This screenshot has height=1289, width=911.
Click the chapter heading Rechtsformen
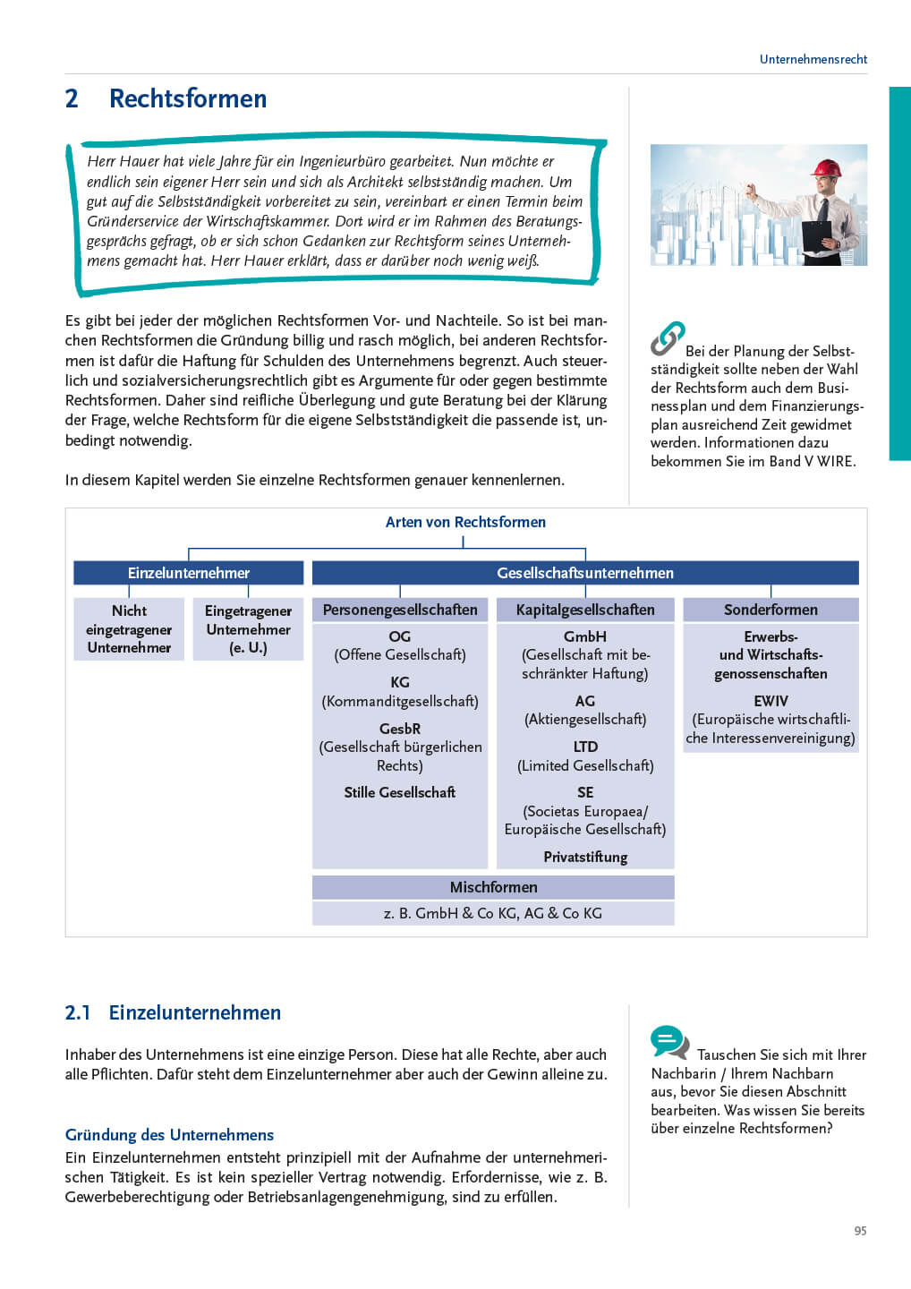[x=187, y=98]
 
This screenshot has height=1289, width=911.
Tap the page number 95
[x=860, y=1231]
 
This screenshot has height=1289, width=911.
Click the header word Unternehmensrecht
[x=813, y=59]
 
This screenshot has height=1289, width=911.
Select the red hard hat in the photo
[x=826, y=167]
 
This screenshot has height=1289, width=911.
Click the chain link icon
[x=668, y=337]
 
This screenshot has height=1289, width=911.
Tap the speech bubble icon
[x=669, y=1042]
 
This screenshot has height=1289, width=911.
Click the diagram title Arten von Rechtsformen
[x=465, y=522]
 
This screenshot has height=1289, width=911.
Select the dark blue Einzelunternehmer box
[x=188, y=573]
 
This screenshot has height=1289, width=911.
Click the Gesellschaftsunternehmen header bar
[x=585, y=573]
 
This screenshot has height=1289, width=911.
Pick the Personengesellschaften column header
[x=400, y=610]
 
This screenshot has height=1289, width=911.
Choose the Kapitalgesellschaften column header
[x=585, y=610]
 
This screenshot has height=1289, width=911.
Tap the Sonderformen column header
[x=771, y=610]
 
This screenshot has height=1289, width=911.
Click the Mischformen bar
[x=493, y=887]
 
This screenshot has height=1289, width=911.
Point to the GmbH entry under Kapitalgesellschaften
[x=585, y=636]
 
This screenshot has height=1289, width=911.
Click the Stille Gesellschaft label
[x=400, y=792]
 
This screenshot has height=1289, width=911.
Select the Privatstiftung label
[x=585, y=857]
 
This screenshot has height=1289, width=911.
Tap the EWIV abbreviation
[x=771, y=701]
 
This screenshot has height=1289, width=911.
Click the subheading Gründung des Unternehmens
[x=169, y=1134]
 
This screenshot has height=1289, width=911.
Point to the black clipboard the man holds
[x=817, y=235]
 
